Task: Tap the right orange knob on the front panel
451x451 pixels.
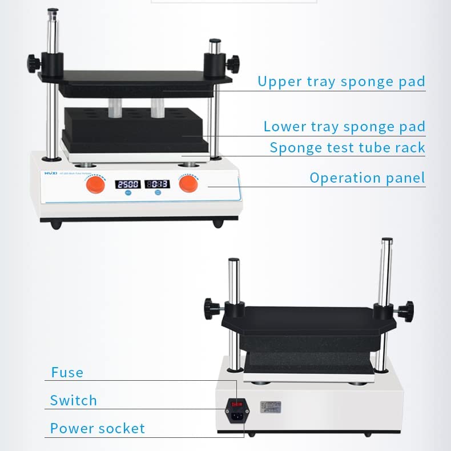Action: tap(188, 185)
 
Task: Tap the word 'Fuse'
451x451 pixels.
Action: tap(67, 373)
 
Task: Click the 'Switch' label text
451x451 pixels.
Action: tap(73, 400)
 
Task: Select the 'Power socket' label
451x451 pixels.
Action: tap(98, 428)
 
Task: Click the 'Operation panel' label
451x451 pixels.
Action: tap(367, 178)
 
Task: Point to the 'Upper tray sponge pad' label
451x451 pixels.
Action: tap(341, 81)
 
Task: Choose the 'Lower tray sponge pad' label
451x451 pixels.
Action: tap(344, 126)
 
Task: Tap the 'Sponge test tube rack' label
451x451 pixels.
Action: tap(347, 148)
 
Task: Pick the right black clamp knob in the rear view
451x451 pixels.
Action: tap(406, 312)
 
